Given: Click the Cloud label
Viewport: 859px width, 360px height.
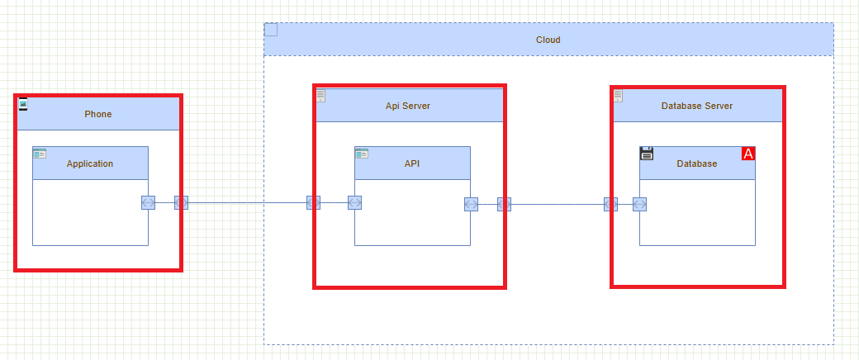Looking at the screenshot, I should tap(548, 40).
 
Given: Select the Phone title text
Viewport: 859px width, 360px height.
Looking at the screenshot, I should tap(97, 114).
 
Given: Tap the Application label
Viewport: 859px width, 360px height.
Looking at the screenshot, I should tap(90, 163).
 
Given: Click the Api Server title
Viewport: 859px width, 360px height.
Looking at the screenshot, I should tap(408, 106).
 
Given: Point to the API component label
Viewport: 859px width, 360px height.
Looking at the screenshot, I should tap(412, 163).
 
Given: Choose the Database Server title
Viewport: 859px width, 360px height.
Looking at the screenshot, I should tap(697, 106).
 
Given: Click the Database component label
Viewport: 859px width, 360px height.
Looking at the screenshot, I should tap(697, 163).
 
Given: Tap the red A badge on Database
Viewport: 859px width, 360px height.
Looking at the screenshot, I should tap(748, 154).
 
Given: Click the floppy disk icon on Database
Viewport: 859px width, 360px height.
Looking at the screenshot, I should tap(647, 153).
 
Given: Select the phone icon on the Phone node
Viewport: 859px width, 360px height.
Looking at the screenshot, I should tap(23, 104).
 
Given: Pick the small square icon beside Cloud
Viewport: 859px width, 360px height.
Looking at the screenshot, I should tap(271, 31).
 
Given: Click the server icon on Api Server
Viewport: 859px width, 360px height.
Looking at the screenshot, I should tap(320, 96).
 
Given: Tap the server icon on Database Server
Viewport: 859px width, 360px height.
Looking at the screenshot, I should tap(618, 96).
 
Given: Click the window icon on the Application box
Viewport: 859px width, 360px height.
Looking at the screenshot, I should tap(40, 154).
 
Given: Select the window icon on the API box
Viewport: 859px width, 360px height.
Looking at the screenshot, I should tap(362, 154).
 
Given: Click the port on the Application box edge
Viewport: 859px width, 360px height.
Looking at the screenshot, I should tap(148, 203).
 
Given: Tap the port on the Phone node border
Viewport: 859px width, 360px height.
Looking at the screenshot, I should tap(181, 203).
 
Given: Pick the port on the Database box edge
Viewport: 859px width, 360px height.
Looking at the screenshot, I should tap(639, 204).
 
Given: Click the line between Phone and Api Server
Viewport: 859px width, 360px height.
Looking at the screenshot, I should tap(248, 202).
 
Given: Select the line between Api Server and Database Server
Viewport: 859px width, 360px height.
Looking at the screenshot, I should tap(558, 204).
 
